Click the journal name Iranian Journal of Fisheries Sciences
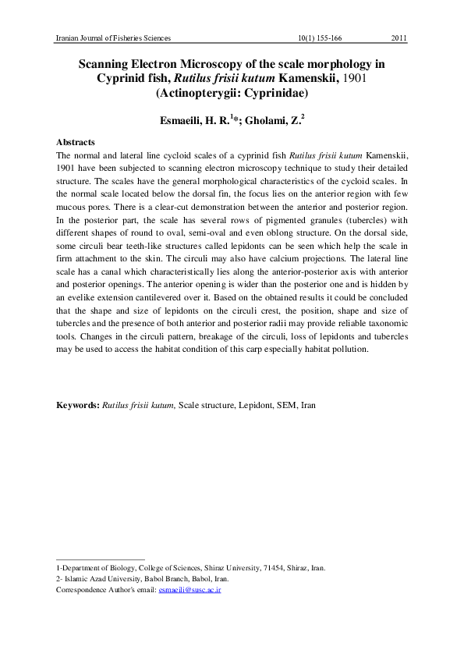pos(114,37)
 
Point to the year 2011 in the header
pos(397,37)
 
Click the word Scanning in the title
pos(111,63)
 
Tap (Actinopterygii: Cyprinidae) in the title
pos(232,94)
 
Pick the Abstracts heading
pos(76,143)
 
